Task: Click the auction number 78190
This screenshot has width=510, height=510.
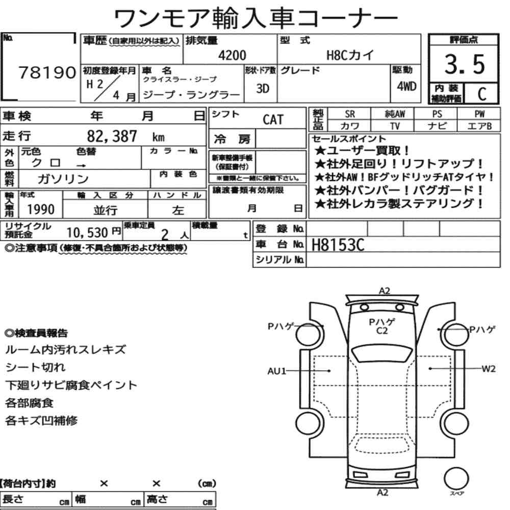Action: (x=47, y=72)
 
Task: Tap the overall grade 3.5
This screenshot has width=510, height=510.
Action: (x=465, y=64)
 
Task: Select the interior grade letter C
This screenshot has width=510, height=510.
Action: (x=482, y=94)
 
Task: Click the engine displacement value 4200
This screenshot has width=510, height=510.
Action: (x=232, y=55)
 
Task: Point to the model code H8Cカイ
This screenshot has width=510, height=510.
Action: (x=350, y=55)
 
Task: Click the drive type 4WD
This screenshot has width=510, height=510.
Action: (x=406, y=86)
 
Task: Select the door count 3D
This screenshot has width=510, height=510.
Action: (x=263, y=88)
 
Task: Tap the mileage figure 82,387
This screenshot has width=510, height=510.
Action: (x=112, y=136)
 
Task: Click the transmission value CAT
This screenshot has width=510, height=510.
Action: (x=273, y=119)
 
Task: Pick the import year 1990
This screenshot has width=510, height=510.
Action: (x=41, y=209)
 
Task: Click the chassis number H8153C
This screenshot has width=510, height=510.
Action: (x=338, y=245)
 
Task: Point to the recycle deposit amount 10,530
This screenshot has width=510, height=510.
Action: (x=87, y=233)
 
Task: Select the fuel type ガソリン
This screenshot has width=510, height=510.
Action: (x=63, y=178)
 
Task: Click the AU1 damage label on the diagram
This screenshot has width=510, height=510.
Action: (x=276, y=371)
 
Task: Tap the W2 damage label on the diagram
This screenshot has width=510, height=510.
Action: (x=488, y=369)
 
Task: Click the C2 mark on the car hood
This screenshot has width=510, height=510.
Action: (x=382, y=331)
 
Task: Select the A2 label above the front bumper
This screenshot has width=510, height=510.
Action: (x=384, y=291)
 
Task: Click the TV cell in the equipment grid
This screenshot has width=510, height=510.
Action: (x=395, y=126)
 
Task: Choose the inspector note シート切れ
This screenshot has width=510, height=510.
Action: (x=36, y=367)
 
